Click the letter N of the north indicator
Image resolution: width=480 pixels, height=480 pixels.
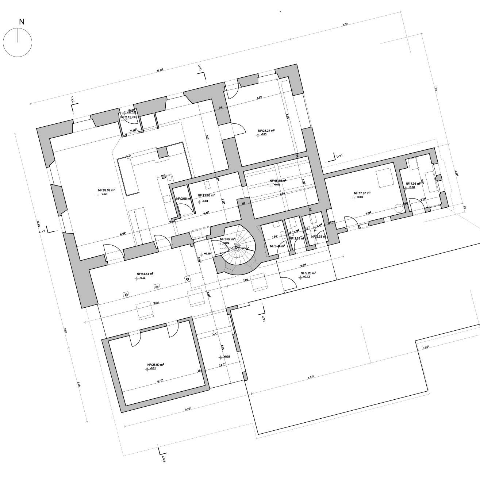tap(22, 22)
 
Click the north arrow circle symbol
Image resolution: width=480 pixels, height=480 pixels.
tap(18, 43)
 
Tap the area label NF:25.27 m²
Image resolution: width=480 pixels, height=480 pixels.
tap(266, 130)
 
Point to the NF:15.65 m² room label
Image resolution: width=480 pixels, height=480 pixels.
tap(278, 181)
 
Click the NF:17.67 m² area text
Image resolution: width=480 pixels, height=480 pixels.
tap(362, 193)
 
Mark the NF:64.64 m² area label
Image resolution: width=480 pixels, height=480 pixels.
tap(145, 273)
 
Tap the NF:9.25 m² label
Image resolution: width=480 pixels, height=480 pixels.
tap(308, 273)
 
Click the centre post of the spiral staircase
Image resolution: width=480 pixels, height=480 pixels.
tap(236, 247)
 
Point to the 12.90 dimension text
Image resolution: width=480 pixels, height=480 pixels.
tap(38, 223)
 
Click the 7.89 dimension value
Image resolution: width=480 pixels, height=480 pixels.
tap(345, 24)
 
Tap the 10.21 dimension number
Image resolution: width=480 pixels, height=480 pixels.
tap(156, 303)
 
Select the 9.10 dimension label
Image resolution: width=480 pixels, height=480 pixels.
tap(188, 409)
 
